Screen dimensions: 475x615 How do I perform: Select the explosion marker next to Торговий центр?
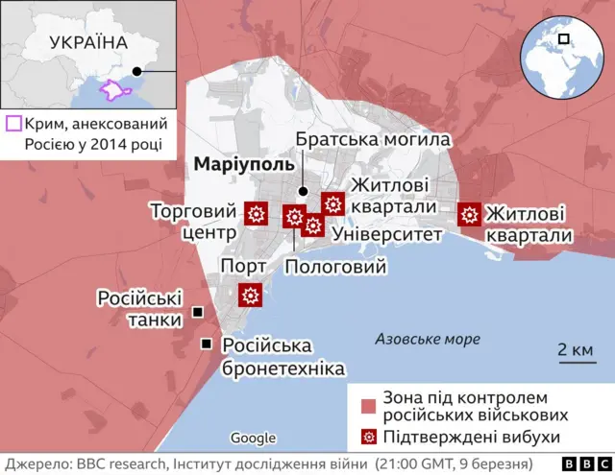257,214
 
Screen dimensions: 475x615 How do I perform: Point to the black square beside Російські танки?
197,313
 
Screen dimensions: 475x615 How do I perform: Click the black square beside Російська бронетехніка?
206,344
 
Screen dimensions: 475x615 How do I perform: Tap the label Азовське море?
427,339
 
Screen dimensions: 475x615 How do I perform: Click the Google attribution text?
254,439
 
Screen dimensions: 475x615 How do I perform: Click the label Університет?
385,234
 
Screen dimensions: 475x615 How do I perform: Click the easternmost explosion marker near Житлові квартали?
470,214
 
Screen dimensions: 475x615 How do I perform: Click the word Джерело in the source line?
39,463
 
